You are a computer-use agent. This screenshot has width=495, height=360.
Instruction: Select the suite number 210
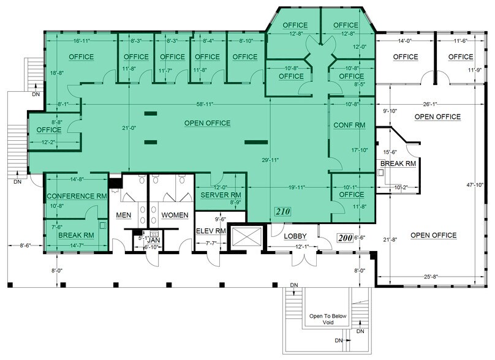point(282,212)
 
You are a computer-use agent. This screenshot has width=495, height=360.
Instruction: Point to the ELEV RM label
point(211,232)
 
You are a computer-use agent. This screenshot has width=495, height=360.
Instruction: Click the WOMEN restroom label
point(175,215)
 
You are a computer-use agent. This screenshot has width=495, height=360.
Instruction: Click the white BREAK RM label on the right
point(398,164)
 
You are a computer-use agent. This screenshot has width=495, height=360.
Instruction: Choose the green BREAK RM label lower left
point(75,234)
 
